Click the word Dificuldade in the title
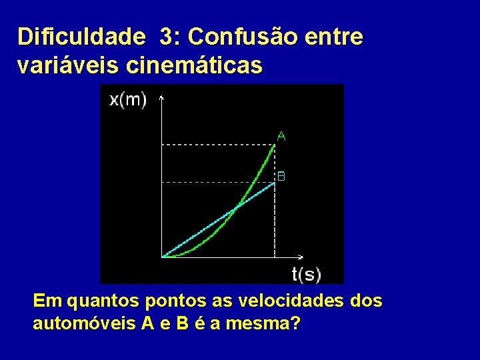[x=81, y=37]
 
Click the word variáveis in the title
[x=62, y=65]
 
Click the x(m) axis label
[x=128, y=100]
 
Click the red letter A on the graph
[x=281, y=136]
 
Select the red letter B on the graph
[x=281, y=177]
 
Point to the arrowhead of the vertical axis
[x=162, y=97]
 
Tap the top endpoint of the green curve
[x=275, y=145]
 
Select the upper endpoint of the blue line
[x=275, y=183]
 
